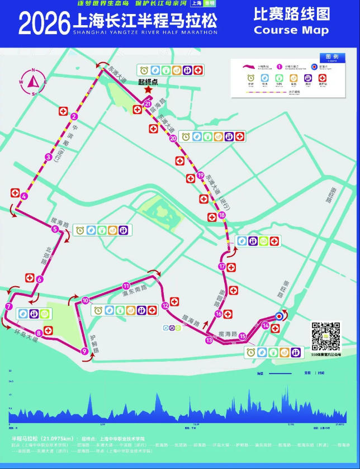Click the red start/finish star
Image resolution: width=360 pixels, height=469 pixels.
pyautogui.click(x=148, y=89)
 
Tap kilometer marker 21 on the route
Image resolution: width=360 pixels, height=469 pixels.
pyautogui.click(x=148, y=104)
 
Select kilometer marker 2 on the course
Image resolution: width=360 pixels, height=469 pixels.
pyautogui.click(x=74, y=117)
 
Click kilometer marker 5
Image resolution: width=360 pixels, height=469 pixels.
pyautogui.click(x=55, y=229)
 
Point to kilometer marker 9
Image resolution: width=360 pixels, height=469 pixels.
pyautogui.click(x=84, y=351)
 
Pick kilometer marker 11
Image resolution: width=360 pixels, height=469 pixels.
pyautogui.click(x=126, y=285)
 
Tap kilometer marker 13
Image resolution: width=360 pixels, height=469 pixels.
pyautogui.click(x=209, y=340)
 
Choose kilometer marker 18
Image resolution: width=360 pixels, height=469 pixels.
pyautogui.click(x=222, y=215)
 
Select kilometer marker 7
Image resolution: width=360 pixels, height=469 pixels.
pyautogui.click(x=8, y=306)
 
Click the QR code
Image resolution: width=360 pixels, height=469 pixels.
pyautogui.click(x=325, y=336)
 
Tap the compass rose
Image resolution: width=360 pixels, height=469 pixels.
pyautogui.click(x=34, y=82)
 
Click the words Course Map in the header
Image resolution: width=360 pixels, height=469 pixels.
pyautogui.click(x=291, y=30)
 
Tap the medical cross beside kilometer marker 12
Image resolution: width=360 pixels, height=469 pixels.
pyautogui.click(x=175, y=301)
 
